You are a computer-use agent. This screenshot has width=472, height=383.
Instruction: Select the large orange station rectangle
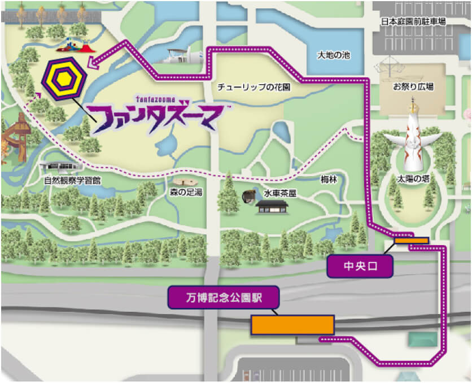(292, 325)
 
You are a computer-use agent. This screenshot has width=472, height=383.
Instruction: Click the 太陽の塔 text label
(414, 179)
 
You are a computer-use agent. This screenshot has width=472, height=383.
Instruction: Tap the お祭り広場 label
(413, 87)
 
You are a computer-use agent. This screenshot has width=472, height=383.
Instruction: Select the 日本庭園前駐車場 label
(413, 21)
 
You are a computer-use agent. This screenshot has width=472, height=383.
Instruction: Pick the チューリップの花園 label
(254, 88)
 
